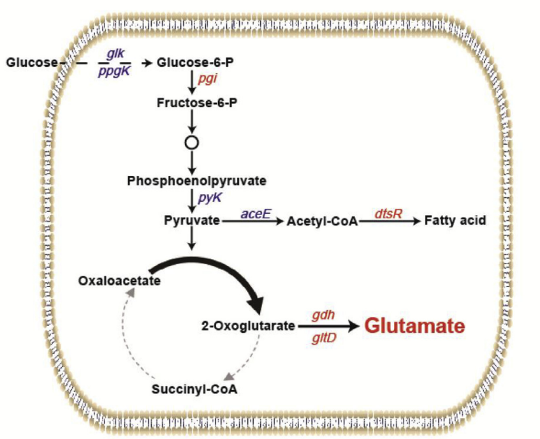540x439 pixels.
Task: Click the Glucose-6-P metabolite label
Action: tap(190, 63)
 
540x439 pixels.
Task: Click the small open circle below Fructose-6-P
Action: tap(191, 142)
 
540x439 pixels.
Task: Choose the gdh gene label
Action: tap(323, 315)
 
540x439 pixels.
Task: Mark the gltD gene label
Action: tap(323, 338)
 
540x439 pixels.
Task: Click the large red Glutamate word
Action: tap(413, 326)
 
